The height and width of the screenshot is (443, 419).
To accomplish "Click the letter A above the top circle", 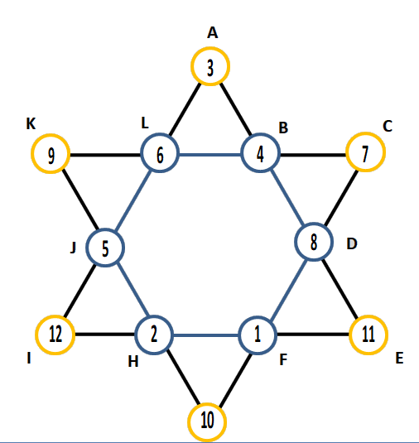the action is pos(213,32).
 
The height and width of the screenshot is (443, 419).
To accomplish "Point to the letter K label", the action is pos(31,123).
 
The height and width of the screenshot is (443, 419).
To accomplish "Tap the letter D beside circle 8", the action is pos(352,243).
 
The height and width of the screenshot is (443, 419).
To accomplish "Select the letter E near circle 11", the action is pos(399,359).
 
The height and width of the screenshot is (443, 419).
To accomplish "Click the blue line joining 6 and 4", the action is pos(210,155).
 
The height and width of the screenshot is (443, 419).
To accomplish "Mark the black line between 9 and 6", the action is pos(105,155).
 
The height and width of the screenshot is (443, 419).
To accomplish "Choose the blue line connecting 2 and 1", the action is pos(206,335).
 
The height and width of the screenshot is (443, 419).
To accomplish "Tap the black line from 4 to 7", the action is pos(313,155).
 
